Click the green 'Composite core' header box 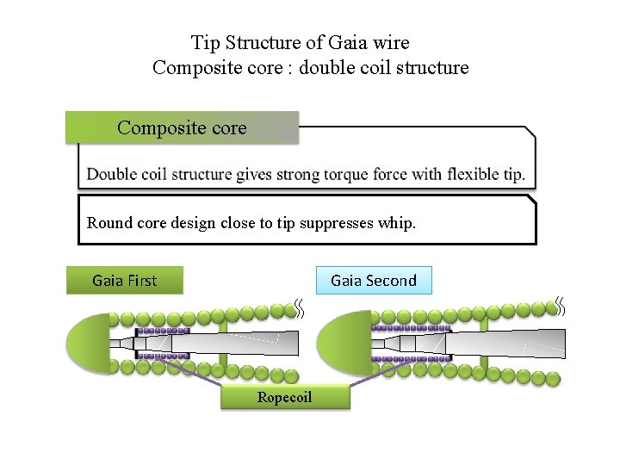click(x=182, y=128)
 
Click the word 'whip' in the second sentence click(x=395, y=223)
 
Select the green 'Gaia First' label click(x=125, y=281)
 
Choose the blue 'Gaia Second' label click(x=373, y=281)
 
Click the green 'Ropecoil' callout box click(x=285, y=397)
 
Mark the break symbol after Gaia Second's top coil click(x=560, y=306)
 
